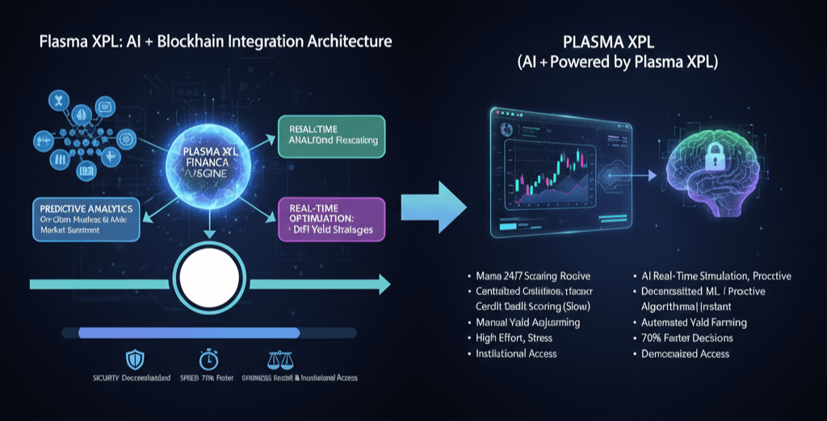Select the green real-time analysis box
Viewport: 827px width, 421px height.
331,138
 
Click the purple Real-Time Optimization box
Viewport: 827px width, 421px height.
331,220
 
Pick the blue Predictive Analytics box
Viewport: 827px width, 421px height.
86,218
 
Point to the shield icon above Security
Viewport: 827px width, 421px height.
128,357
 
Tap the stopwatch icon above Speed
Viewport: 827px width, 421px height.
209,357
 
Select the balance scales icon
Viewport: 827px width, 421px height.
276,357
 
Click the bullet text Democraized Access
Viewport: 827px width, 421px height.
684,353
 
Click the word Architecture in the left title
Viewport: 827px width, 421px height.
345,41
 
